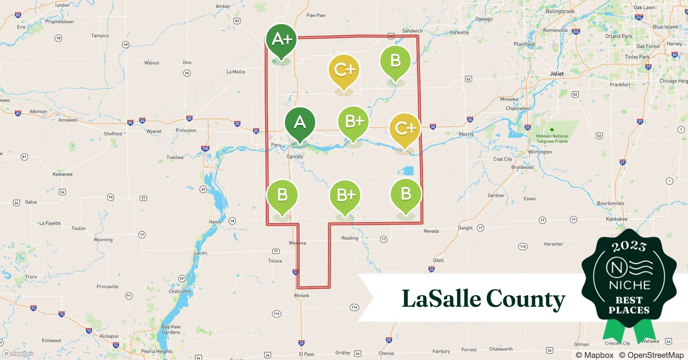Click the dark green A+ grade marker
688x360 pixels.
281,40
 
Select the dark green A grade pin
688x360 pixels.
300,123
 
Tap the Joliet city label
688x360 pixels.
557,73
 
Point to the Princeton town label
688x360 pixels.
186,130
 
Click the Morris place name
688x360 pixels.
466,134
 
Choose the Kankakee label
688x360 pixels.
616,219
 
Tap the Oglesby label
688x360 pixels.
295,157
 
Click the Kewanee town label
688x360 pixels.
63,174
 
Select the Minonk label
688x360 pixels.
301,296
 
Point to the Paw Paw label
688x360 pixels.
316,15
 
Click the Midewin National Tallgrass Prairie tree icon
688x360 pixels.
552,130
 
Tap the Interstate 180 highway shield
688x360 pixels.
205,149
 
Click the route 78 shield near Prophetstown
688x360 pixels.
58,38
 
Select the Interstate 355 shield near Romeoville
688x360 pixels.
576,32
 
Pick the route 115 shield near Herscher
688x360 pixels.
523,247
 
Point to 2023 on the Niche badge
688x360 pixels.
629,246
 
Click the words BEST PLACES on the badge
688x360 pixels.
629,305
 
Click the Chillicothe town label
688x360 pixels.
180,291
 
